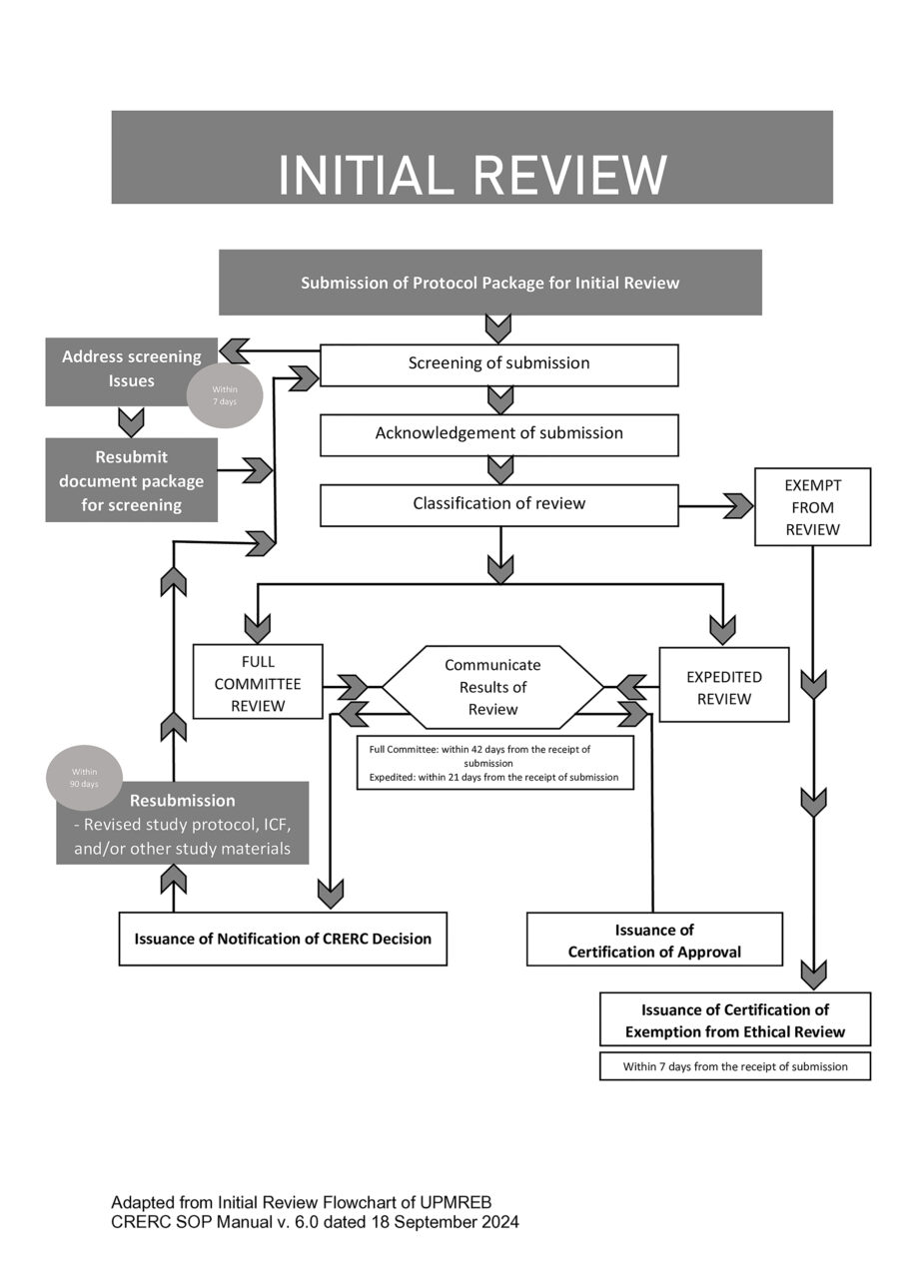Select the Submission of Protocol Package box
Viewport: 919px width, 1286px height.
(x=489, y=283)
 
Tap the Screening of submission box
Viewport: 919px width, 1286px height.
(x=498, y=364)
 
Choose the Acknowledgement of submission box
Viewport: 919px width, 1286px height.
(x=498, y=434)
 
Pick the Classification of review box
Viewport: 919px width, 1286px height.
(x=498, y=504)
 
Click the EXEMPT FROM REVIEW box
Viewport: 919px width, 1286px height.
(x=812, y=506)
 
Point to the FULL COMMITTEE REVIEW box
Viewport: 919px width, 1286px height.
(x=258, y=682)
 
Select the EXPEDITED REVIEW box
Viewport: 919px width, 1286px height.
(x=723, y=687)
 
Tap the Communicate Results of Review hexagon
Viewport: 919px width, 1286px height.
(x=492, y=687)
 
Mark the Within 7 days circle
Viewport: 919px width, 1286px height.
(x=224, y=395)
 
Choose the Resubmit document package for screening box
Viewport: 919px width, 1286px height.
(x=131, y=481)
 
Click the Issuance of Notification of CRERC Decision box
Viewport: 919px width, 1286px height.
(x=283, y=939)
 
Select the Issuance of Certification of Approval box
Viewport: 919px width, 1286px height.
(x=654, y=941)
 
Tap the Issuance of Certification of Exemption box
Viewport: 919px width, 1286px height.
(x=734, y=1019)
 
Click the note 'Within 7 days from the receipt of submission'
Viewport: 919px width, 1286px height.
(x=734, y=1066)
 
